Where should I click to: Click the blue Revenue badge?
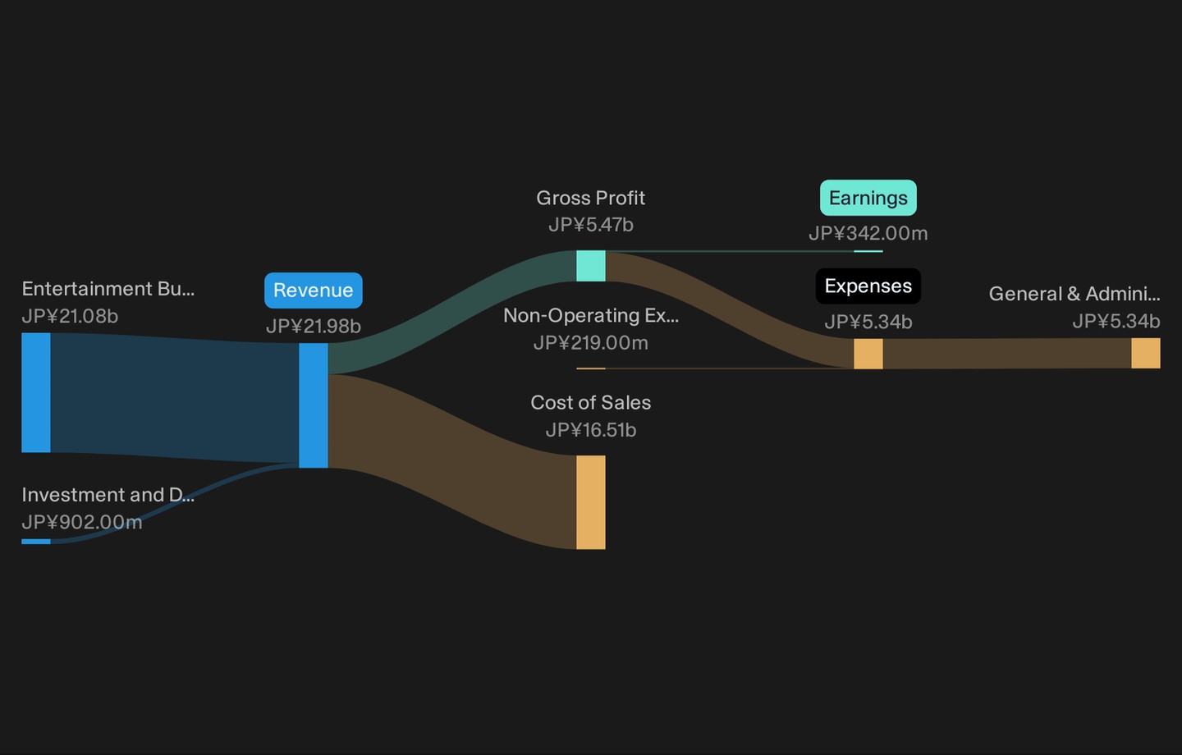click(x=314, y=291)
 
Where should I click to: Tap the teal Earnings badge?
click(x=868, y=198)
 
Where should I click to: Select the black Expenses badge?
click(x=868, y=286)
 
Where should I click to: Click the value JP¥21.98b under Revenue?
click(x=314, y=326)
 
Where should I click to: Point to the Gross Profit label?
click(x=590, y=198)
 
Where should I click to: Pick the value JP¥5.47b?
click(x=590, y=225)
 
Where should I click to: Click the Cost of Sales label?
click(x=590, y=403)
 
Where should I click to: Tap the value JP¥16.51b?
click(x=590, y=430)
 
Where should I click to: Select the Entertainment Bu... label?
click(x=108, y=289)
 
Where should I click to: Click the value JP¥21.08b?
click(x=70, y=316)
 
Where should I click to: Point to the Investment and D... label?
click(x=108, y=495)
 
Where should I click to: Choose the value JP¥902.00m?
click(x=82, y=522)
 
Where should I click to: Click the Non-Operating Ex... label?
click(x=590, y=315)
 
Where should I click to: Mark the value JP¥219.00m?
click(x=590, y=343)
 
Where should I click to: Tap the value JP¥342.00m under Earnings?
click(x=868, y=233)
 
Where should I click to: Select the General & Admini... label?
click(x=1074, y=293)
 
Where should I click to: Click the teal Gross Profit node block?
click(x=590, y=266)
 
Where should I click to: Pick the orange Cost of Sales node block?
click(x=590, y=502)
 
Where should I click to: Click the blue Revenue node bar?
click(x=314, y=405)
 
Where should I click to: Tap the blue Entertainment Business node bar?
click(x=36, y=392)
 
